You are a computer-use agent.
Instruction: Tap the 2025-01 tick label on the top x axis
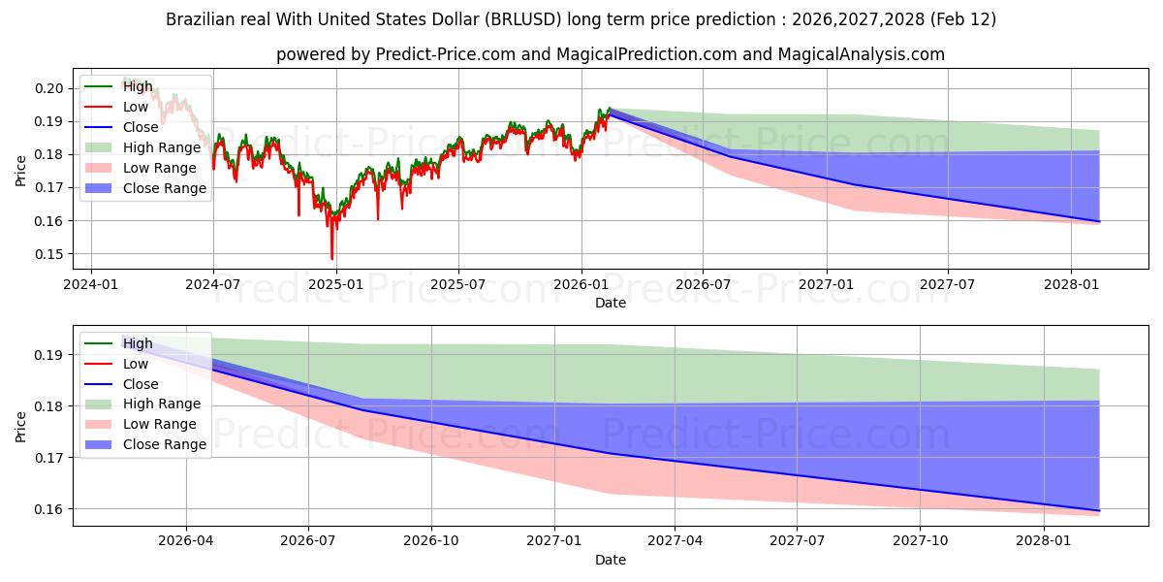tap(335, 285)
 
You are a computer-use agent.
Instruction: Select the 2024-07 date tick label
tap(212, 285)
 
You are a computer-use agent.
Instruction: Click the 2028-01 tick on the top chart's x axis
tap(1071, 285)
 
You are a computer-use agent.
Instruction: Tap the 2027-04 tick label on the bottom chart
tap(676, 542)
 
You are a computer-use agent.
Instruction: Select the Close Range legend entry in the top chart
tap(164, 188)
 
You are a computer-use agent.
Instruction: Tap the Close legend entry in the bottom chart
tap(141, 384)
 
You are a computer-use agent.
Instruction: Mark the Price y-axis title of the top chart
tap(21, 170)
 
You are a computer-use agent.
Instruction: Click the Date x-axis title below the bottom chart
tap(611, 560)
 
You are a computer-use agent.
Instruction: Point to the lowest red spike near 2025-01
tap(332, 259)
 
